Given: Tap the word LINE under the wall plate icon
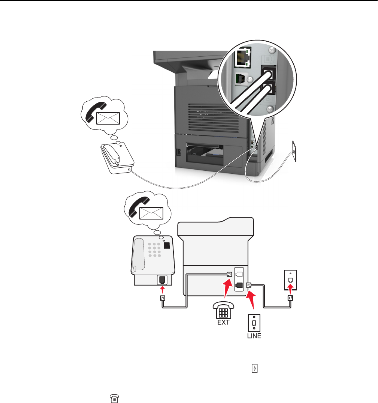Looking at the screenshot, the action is [254, 336].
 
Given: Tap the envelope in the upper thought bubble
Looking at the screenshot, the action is [107, 119].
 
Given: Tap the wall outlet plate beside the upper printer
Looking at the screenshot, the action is [295, 150].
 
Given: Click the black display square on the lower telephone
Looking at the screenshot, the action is [167, 246].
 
